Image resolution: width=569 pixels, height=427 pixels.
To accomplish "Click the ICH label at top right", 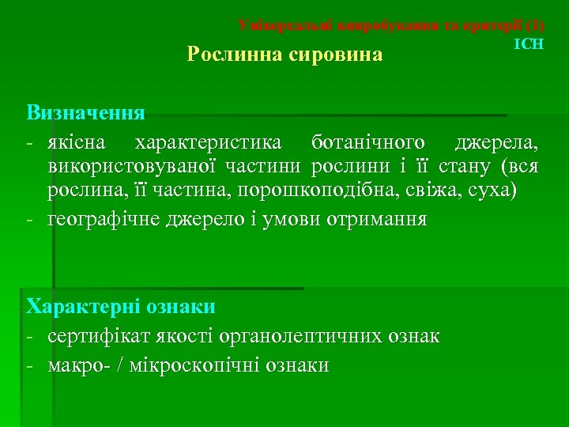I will (x=529, y=44).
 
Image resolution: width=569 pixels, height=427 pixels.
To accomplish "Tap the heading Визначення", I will (x=85, y=111).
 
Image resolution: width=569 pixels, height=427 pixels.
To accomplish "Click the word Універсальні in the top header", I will (x=285, y=25).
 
